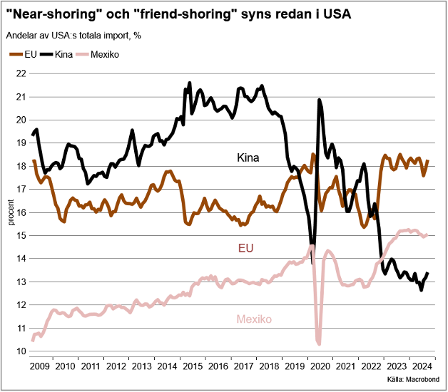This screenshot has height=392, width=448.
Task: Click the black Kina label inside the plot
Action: click(x=248, y=158)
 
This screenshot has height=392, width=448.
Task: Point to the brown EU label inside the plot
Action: click(x=246, y=248)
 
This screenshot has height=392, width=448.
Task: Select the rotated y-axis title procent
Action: click(x=10, y=212)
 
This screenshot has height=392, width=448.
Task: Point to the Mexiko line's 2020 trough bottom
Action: click(x=319, y=344)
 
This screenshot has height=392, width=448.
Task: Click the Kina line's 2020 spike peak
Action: click(x=319, y=100)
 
